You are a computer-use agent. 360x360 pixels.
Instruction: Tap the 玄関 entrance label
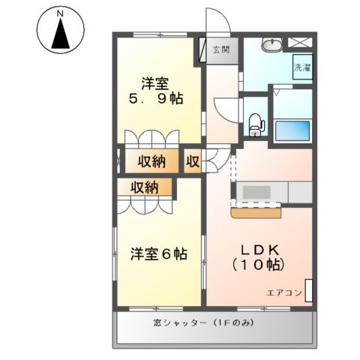(220, 50)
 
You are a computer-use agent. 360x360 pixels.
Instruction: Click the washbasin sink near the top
(271, 45)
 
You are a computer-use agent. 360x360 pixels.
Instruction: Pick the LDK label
(259, 250)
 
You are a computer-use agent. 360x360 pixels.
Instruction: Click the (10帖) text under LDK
(259, 265)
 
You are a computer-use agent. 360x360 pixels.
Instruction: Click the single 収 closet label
(193, 160)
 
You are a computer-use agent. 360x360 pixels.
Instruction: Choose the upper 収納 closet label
(151, 160)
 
